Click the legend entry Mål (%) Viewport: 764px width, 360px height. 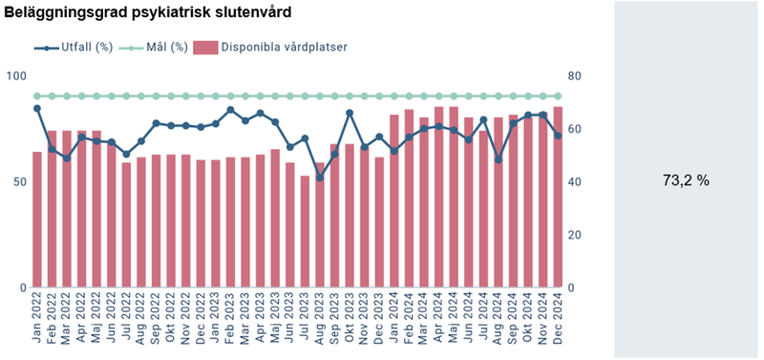[158, 47]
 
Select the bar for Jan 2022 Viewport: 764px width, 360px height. [37, 220]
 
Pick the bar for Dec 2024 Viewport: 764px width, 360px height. [558, 197]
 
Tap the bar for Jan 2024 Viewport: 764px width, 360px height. [393, 201]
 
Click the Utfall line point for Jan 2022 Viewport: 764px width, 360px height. [37, 108]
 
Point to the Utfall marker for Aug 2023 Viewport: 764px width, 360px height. [320, 178]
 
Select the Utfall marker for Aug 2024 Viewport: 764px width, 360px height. [498, 159]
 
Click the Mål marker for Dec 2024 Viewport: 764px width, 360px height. [558, 96]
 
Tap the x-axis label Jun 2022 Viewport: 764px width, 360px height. [112, 321]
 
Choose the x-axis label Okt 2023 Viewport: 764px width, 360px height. [350, 321]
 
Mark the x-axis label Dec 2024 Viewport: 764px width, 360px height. [558, 321]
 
